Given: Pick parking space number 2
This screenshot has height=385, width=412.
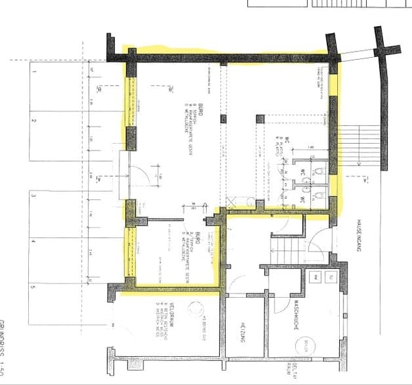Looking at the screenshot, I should [32, 122].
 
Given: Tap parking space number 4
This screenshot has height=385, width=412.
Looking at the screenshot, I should [32, 242].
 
